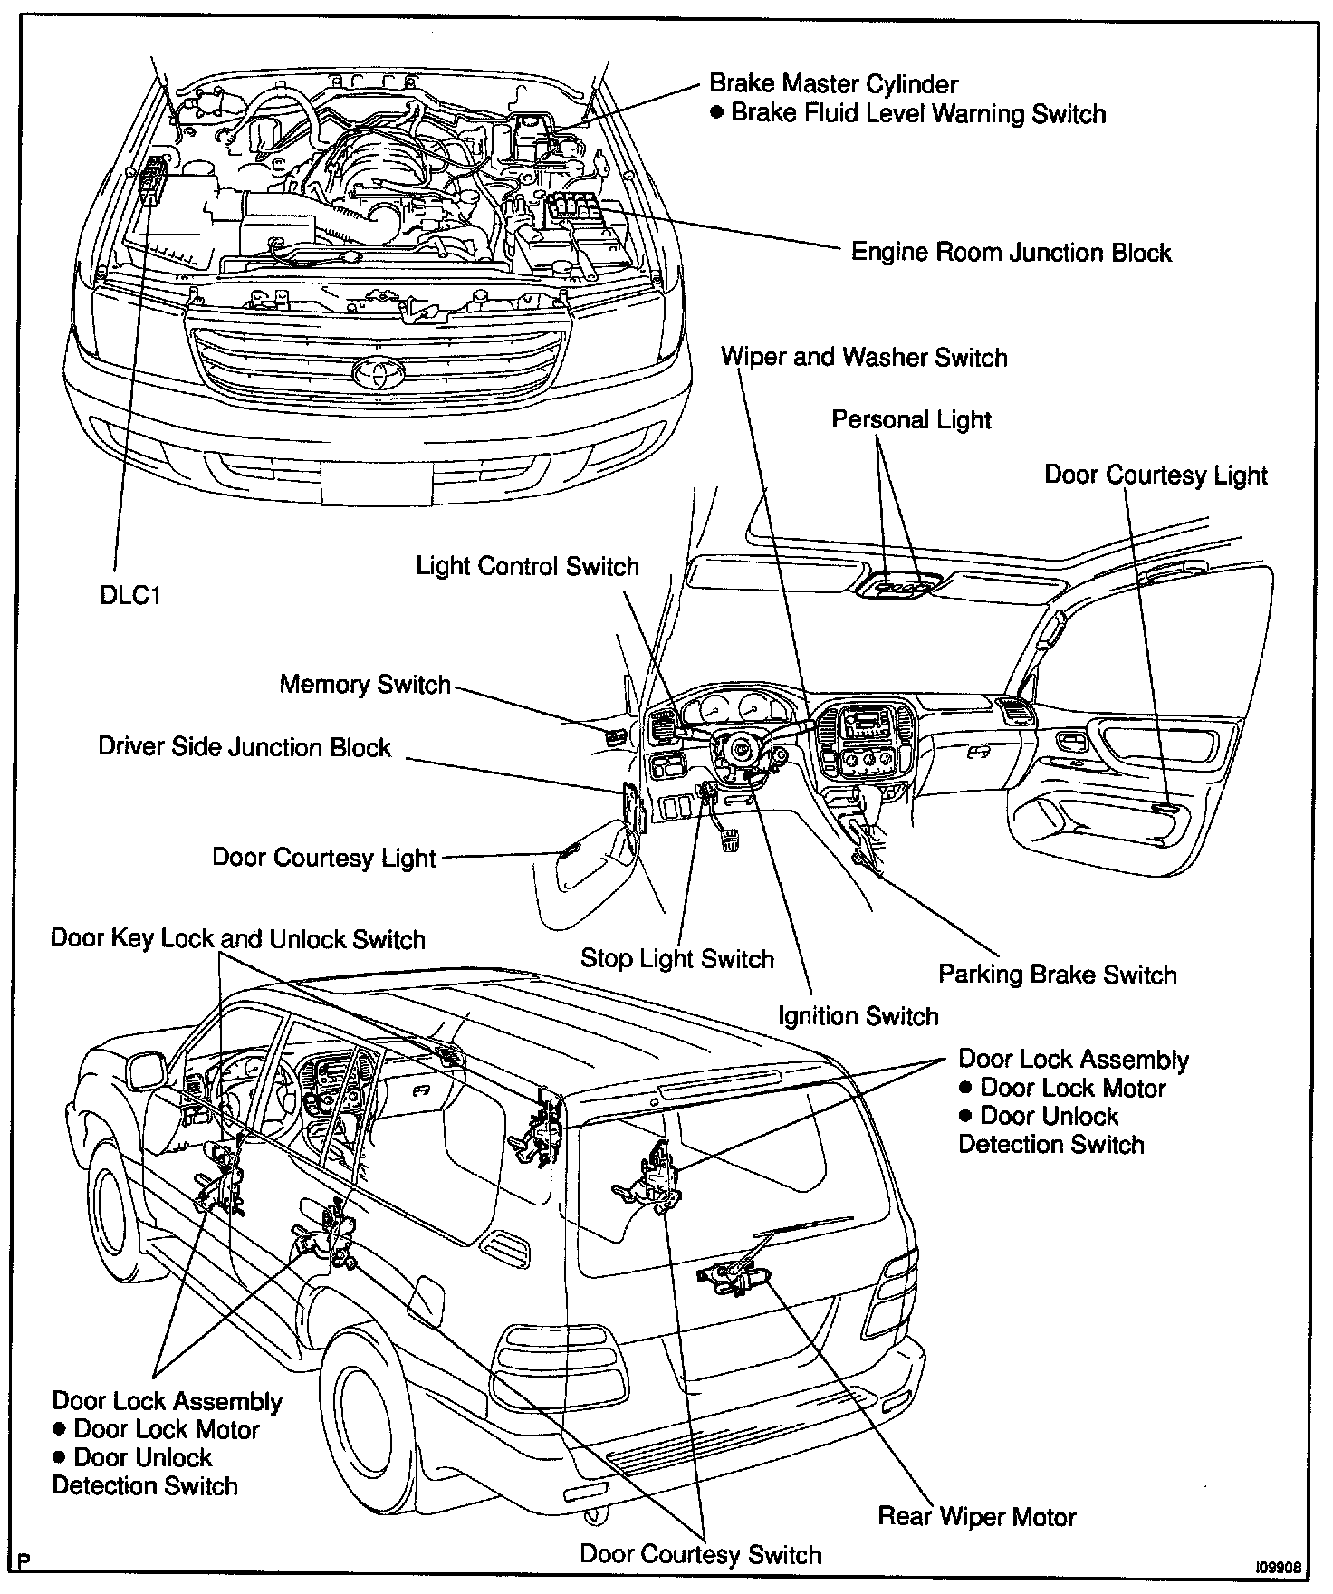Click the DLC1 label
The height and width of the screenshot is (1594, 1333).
tap(130, 596)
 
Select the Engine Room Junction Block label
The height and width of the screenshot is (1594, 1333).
tap(1011, 252)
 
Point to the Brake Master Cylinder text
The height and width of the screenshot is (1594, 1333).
tap(833, 84)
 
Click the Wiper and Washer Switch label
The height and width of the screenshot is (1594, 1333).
tap(864, 357)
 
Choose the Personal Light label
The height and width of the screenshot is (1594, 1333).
tap(911, 419)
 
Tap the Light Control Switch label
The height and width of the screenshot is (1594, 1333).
tap(527, 566)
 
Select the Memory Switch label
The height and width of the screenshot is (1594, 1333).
tap(364, 684)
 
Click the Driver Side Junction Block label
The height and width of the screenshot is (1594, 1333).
tap(245, 747)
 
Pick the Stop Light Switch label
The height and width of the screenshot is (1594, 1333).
tap(676, 958)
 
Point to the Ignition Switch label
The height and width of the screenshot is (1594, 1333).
tap(858, 1015)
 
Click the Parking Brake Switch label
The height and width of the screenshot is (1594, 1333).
tap(1057, 975)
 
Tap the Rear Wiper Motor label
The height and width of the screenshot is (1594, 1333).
tap(976, 1516)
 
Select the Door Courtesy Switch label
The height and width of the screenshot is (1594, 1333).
tap(700, 1554)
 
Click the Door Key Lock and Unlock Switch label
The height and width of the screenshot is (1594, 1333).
tap(237, 938)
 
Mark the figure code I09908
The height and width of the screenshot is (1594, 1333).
tap(1278, 1566)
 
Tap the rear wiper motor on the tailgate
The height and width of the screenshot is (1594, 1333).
tap(735, 1278)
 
